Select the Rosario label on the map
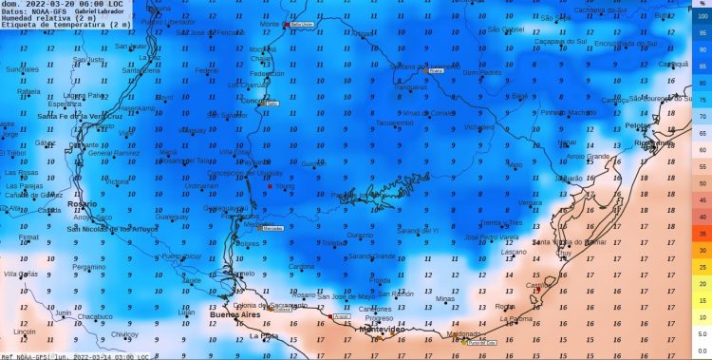(83, 203)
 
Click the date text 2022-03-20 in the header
(56, 4)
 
